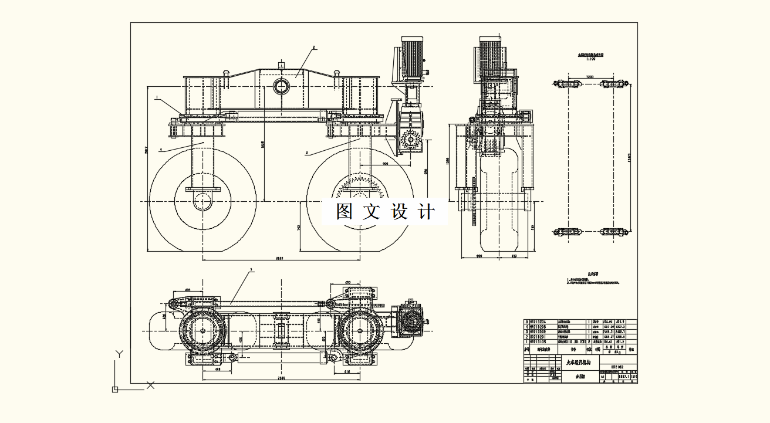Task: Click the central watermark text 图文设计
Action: (x=385, y=211)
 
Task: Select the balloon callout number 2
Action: (x=314, y=47)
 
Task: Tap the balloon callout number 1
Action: (x=157, y=99)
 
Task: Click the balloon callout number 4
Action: (x=160, y=149)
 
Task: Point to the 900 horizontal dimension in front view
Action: (x=385, y=164)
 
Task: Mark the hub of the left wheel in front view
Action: (x=202, y=201)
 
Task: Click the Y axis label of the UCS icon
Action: (x=119, y=354)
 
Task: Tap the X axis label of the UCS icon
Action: (x=150, y=385)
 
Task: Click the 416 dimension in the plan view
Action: (x=347, y=373)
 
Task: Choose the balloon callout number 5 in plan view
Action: (x=251, y=270)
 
